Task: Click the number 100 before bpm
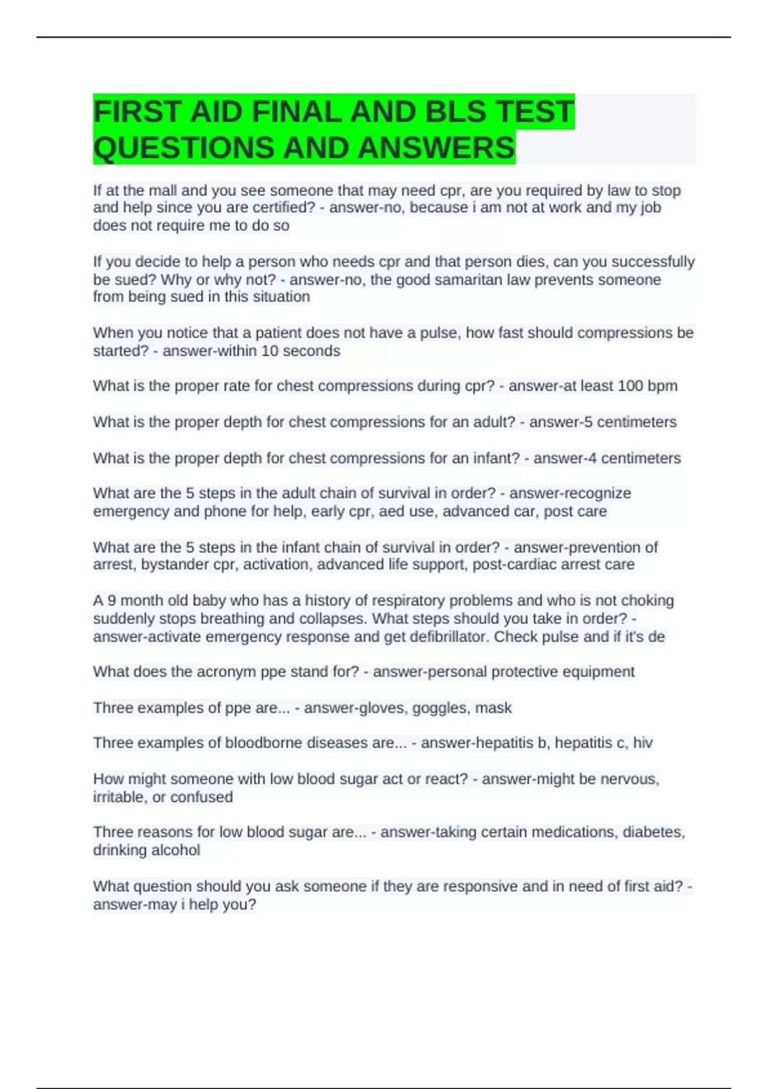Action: click(x=630, y=386)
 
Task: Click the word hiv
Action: click(x=643, y=742)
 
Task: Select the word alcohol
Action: click(x=175, y=850)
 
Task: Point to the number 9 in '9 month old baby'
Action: click(x=112, y=600)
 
